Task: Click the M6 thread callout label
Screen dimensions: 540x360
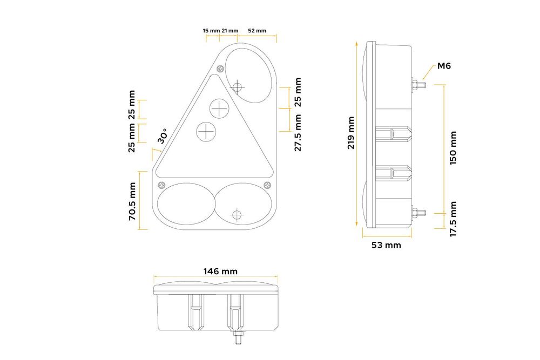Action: click(444, 66)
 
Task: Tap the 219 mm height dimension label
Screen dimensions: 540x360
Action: click(351, 133)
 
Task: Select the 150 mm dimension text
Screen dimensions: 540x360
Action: click(453, 148)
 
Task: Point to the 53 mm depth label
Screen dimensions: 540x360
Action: click(386, 245)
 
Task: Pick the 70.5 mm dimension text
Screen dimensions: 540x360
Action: click(132, 201)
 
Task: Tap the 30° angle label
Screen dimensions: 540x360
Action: click(163, 135)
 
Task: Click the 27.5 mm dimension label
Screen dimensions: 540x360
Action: click(298, 133)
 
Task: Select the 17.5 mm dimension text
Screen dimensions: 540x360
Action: click(453, 219)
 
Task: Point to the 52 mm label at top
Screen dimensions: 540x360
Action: click(257, 31)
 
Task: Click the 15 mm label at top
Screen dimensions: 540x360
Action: click(211, 31)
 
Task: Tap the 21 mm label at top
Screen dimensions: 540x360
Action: click(230, 31)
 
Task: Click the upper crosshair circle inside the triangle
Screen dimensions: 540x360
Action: click(219, 108)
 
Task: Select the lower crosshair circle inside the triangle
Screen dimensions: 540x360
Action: click(206, 131)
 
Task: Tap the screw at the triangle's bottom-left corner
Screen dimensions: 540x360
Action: click(161, 185)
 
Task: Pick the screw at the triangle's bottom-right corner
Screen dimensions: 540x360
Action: click(267, 185)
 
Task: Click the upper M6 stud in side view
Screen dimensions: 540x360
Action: click(418, 84)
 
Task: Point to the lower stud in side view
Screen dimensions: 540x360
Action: click(418, 213)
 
